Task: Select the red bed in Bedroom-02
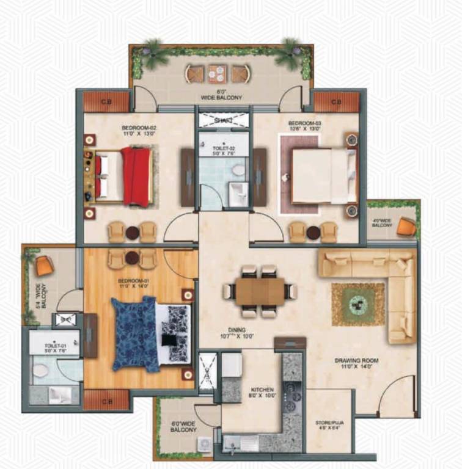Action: point(136,176)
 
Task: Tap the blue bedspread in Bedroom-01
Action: point(134,333)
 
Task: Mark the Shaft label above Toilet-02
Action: point(223,120)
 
